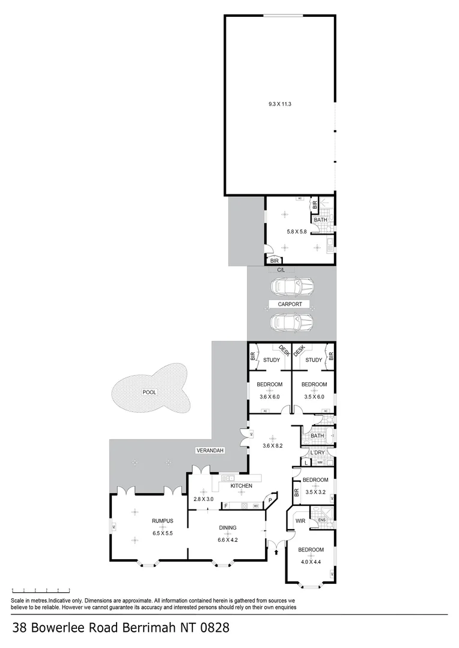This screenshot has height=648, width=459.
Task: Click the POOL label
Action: point(149,392)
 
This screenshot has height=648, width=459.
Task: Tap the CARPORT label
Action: point(293,304)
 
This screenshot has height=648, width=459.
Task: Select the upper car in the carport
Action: point(293,286)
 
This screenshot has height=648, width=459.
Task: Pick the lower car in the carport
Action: point(293,323)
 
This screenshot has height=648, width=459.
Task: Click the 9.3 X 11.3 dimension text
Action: point(279,104)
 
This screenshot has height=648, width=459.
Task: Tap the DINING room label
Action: point(228,528)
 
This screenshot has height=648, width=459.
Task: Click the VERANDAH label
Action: point(210,450)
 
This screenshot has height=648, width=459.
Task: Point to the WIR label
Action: point(300,521)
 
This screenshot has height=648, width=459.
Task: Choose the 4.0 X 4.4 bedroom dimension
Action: point(312,562)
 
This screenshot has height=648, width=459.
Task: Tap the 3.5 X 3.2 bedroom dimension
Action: point(315,492)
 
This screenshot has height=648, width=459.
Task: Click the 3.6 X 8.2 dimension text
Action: point(272,446)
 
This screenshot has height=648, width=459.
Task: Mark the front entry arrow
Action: point(276,545)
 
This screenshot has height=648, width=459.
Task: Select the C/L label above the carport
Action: point(281,271)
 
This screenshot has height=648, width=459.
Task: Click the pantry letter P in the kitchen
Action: point(270,500)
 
